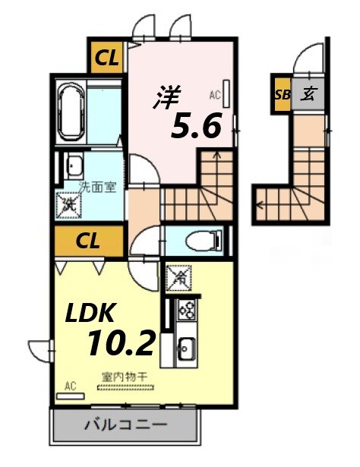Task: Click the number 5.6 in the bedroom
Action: [195, 126]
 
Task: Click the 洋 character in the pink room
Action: [169, 97]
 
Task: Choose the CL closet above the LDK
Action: [89, 242]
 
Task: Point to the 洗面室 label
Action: [99, 187]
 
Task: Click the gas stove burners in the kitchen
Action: [186, 311]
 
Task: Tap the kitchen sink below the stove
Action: [186, 350]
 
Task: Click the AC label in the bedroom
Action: [213, 96]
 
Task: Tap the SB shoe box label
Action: [282, 95]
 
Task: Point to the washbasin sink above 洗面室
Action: [74, 166]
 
